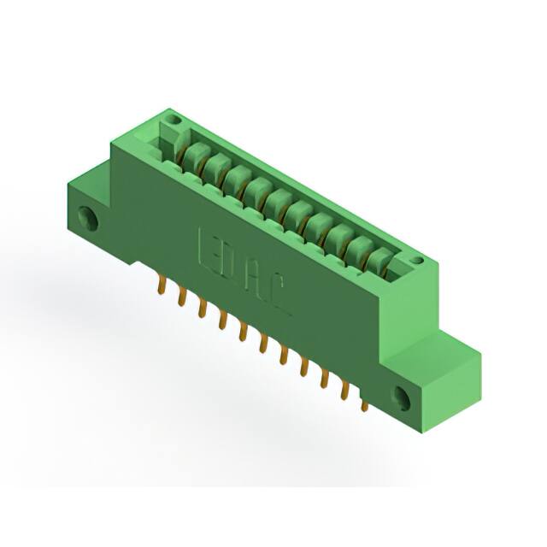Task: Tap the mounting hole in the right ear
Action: tap(401, 396)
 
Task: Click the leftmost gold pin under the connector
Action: tap(160, 288)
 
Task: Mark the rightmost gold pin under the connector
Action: tap(364, 403)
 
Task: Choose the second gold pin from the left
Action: tap(180, 298)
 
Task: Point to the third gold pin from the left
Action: tap(202, 309)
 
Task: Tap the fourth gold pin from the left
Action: tap(222, 321)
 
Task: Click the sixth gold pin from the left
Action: tap(264, 344)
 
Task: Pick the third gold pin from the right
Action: tap(325, 379)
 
